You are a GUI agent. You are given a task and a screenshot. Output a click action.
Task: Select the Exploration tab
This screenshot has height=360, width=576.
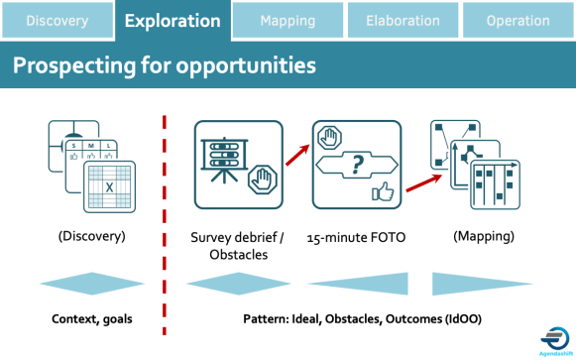173,20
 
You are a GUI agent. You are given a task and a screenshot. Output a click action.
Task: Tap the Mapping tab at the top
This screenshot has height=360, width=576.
288,20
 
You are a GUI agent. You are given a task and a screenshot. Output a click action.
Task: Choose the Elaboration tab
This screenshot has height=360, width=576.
403,20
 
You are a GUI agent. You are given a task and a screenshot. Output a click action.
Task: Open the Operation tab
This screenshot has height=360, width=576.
518,20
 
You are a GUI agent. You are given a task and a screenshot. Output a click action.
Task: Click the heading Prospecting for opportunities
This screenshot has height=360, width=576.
165,66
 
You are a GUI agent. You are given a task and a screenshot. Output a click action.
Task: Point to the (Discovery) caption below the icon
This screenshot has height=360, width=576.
90,237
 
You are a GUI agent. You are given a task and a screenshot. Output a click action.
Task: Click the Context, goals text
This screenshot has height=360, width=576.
92,319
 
